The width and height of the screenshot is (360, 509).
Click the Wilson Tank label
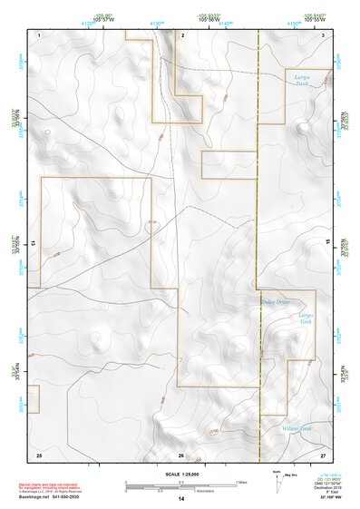pyautogui.click(x=296, y=427)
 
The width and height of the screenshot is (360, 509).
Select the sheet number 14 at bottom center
pyautogui.click(x=180, y=500)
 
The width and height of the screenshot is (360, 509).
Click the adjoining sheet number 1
pyautogui.click(x=40, y=34)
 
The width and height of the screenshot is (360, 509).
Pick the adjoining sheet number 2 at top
pyautogui.click(x=183, y=34)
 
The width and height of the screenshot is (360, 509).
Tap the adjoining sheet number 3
pyautogui.click(x=324, y=34)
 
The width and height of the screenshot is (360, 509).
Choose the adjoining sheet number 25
pyautogui.click(x=39, y=454)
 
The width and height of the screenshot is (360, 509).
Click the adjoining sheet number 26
pyautogui.click(x=181, y=455)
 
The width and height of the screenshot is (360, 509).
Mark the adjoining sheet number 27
pyautogui.click(x=323, y=454)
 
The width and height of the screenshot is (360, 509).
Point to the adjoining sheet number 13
pyautogui.click(x=34, y=243)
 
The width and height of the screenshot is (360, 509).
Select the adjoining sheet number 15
pyautogui.click(x=328, y=243)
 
